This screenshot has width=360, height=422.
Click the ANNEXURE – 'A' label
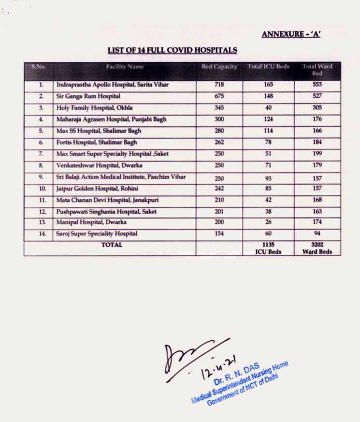(291, 34)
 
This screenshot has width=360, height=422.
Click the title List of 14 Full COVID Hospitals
(173, 50)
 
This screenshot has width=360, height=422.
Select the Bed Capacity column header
(219, 67)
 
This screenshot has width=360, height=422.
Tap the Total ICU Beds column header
(269, 67)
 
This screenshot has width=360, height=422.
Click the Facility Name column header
(125, 67)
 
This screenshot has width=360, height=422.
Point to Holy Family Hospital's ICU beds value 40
(269, 108)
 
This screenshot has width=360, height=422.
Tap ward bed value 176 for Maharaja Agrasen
(317, 119)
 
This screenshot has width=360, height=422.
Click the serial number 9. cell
(42, 177)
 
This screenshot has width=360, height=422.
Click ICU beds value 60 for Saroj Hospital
(269, 234)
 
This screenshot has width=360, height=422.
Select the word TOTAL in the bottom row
(112, 245)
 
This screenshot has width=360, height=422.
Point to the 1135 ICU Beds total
(269, 248)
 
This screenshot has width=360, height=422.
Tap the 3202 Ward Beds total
(317, 248)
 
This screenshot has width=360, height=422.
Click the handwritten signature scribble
(186, 355)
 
